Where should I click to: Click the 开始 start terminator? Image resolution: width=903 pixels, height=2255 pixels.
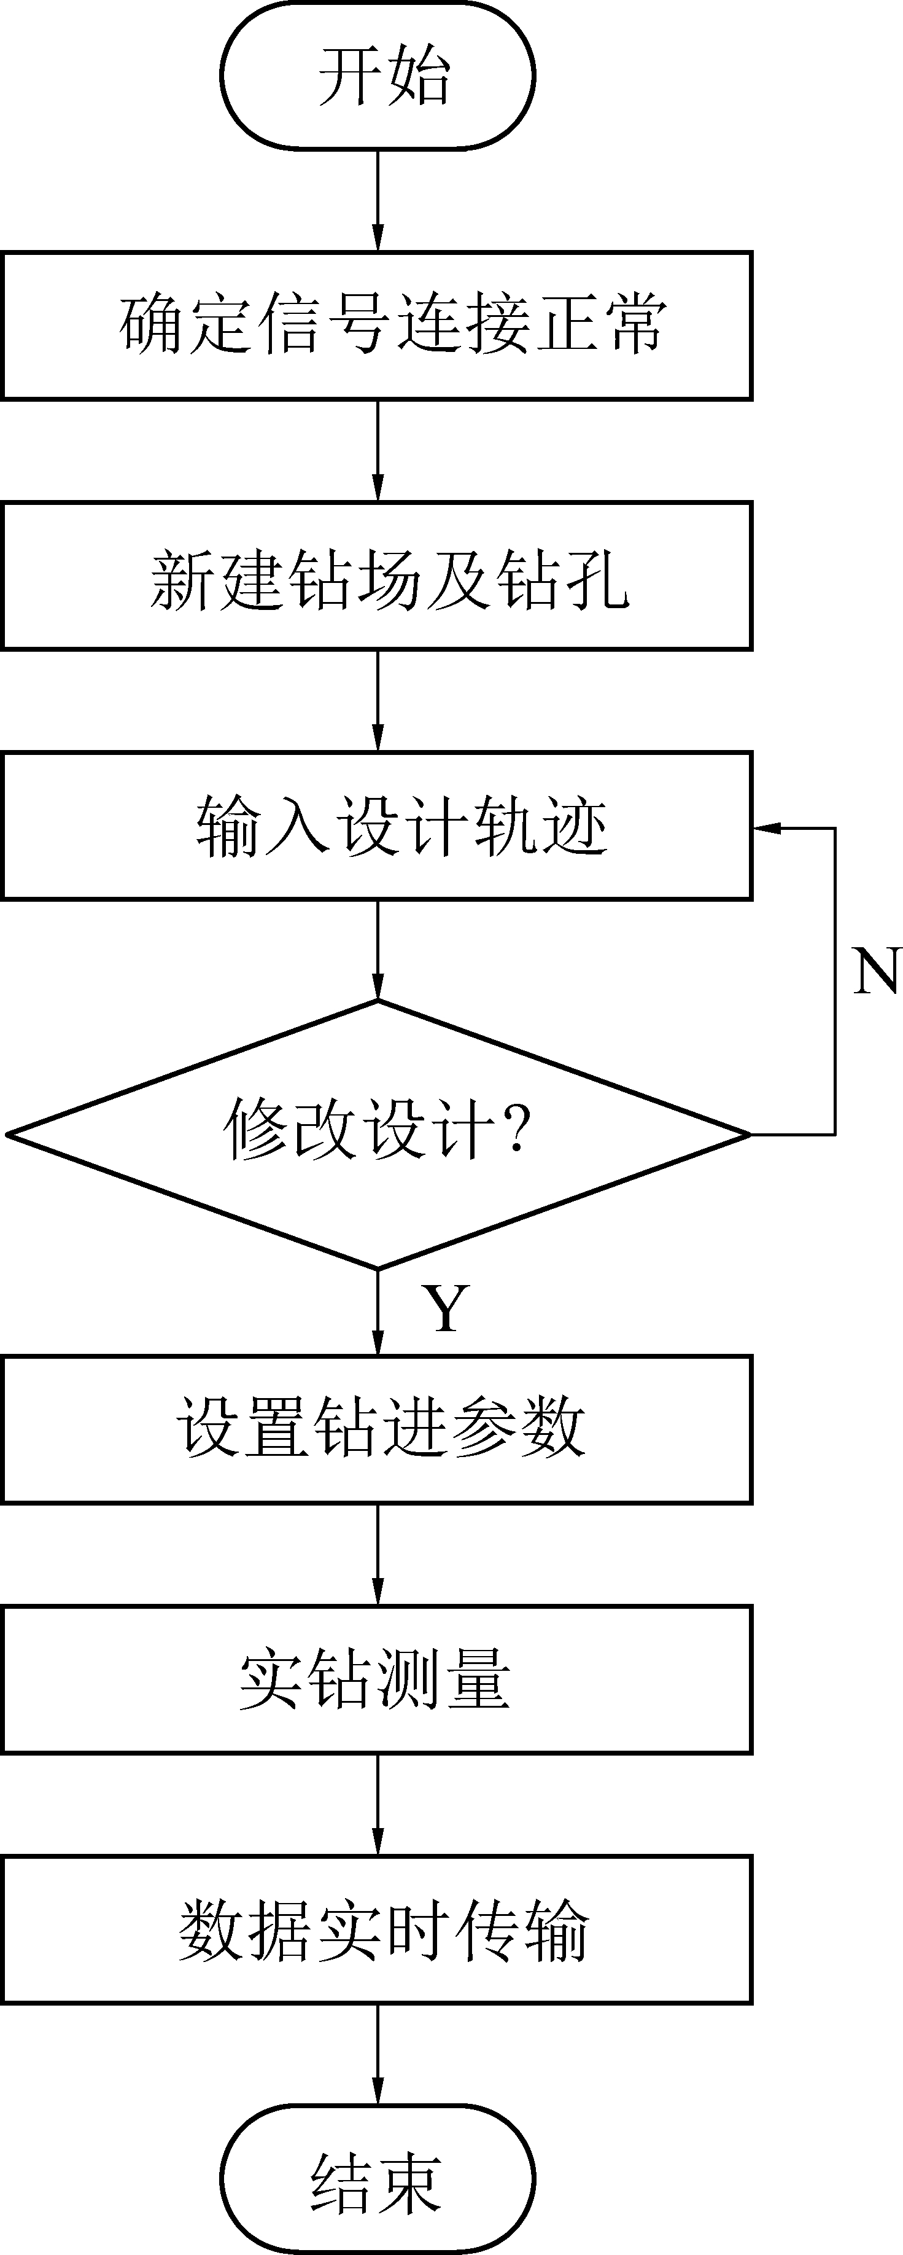[x=377, y=76]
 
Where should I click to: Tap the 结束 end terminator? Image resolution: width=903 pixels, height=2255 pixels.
[x=377, y=2179]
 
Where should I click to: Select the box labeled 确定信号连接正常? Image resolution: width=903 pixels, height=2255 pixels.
[x=377, y=326]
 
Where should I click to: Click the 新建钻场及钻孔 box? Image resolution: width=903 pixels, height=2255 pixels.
[x=377, y=576]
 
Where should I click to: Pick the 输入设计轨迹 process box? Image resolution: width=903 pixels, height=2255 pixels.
[x=377, y=826]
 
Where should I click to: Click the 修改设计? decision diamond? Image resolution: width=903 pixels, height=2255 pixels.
[x=377, y=1133]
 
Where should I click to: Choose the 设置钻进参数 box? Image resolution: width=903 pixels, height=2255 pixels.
[x=377, y=1429]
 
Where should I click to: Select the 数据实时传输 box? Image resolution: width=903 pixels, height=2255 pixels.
[x=377, y=1929]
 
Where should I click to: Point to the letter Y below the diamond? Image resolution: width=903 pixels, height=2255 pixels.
[x=446, y=1308]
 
